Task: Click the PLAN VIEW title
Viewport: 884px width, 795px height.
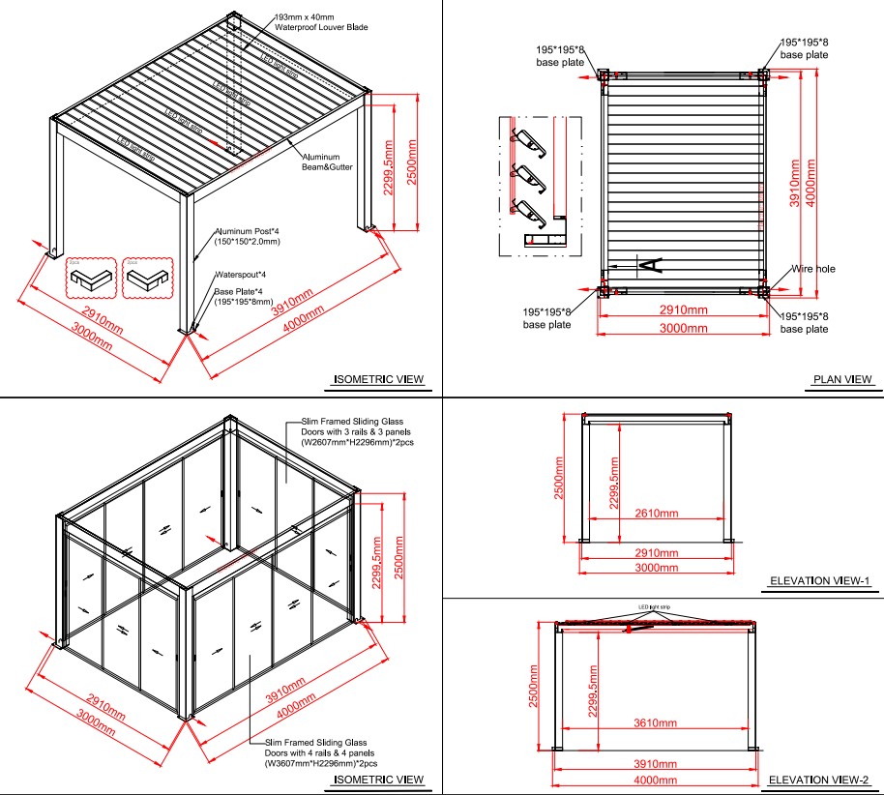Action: tap(842, 379)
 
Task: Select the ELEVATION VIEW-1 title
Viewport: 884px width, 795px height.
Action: tap(820, 581)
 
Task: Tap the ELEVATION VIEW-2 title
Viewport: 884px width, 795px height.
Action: tap(820, 780)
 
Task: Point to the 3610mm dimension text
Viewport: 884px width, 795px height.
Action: tap(654, 722)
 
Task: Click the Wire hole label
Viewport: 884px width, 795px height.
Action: tap(813, 269)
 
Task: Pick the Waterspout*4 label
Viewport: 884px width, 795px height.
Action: tap(239, 275)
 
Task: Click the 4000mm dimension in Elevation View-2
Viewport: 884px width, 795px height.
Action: tap(654, 780)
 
